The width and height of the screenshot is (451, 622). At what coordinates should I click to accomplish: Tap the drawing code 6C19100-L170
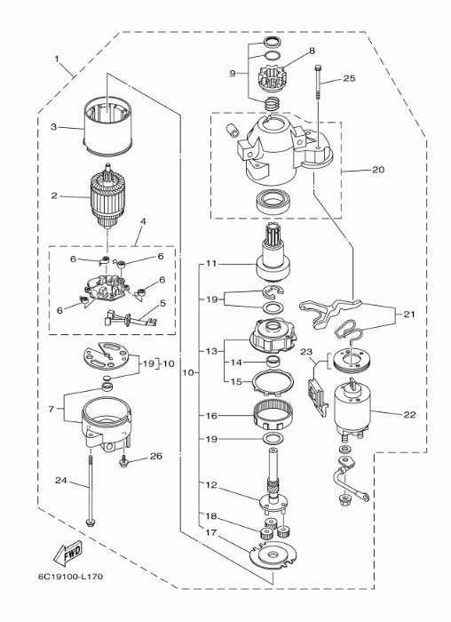tap(70, 577)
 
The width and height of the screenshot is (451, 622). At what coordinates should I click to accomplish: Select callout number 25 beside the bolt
tap(349, 78)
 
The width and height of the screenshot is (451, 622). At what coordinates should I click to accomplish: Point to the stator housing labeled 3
tap(107, 127)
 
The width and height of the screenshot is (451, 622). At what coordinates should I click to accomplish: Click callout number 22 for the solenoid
tap(410, 415)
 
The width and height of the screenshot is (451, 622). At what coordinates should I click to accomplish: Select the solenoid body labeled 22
tap(352, 407)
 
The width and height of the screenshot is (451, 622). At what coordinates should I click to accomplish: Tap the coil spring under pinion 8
tap(273, 104)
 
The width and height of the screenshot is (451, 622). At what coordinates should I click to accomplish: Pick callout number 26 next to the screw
tap(156, 456)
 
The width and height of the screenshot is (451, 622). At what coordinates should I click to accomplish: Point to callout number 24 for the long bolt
tap(60, 481)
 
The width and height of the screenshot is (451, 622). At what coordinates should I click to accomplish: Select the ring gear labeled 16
tap(273, 415)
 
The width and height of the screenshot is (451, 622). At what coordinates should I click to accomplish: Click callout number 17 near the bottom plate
tap(211, 532)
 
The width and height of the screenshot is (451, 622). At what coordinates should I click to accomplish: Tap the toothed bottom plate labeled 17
tap(273, 554)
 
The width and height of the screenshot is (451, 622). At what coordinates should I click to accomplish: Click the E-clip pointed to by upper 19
tap(273, 291)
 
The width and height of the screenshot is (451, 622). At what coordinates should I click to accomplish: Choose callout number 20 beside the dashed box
tap(378, 170)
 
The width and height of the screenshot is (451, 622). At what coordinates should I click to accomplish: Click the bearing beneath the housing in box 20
tap(275, 202)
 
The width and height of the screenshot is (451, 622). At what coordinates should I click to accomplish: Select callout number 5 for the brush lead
tap(162, 304)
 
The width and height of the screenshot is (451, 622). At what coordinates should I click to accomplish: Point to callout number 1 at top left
tap(57, 60)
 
